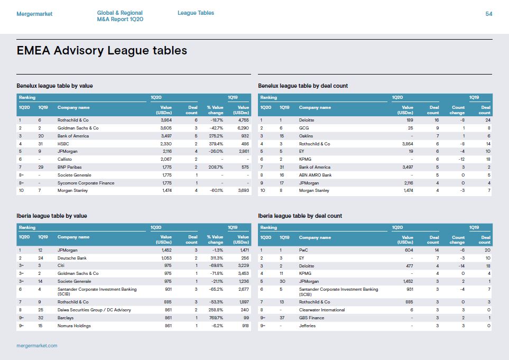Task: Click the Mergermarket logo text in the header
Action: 34,14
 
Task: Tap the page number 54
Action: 488,14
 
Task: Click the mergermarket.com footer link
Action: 37,346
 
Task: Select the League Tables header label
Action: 196,13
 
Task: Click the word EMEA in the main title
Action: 33,51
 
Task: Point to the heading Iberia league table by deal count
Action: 300,216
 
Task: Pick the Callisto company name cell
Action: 64,160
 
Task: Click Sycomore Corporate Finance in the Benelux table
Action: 86,183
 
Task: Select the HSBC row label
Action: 63,144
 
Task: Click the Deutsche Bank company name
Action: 72,258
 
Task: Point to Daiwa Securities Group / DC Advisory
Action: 94,310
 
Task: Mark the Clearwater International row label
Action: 322,310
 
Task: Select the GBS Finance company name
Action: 312,318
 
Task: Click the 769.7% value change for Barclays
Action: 216,318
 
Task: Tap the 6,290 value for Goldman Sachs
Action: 243,128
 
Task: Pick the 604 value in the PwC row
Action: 409,250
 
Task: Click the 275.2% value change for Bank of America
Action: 216,136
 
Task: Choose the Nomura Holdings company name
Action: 74,326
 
